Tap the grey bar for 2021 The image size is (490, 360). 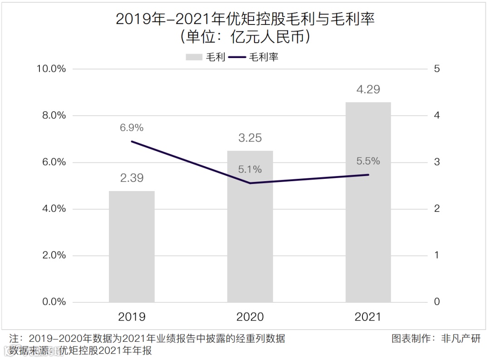368,202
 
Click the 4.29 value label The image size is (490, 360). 368,89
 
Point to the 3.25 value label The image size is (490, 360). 250,138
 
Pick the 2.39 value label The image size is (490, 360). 132,178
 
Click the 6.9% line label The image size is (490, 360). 132,128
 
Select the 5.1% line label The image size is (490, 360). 250,170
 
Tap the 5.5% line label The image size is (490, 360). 368,161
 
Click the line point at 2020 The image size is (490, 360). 250,183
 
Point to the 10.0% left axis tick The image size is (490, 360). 51,69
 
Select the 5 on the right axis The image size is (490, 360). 437,69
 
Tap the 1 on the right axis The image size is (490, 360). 437,255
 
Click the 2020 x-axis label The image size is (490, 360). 250,316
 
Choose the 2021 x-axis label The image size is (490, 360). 368,316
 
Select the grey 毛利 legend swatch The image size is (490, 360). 194,57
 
